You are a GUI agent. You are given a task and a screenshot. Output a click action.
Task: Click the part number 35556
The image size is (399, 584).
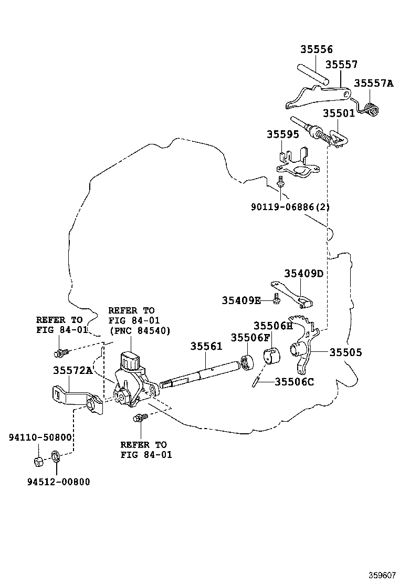click(x=317, y=50)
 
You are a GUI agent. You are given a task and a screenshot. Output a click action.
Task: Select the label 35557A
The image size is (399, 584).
click(x=373, y=84)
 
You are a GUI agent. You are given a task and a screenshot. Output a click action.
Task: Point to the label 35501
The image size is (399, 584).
click(x=339, y=113)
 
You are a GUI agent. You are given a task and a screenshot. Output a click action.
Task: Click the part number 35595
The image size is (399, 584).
click(x=282, y=134)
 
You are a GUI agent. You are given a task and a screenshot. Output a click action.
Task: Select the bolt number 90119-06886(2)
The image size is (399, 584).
click(x=290, y=207)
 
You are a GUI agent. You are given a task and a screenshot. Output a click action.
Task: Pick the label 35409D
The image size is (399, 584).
click(x=304, y=274)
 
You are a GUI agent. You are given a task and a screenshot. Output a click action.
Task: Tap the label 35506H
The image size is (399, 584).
click(x=273, y=326)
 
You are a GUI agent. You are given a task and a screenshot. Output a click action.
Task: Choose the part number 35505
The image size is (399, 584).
click(x=346, y=353)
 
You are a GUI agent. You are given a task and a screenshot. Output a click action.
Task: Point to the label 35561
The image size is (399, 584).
click(x=206, y=347)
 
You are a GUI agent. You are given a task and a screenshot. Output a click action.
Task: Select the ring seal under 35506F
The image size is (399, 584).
click(x=247, y=362)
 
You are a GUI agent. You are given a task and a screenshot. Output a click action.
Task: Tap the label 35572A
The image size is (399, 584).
click(x=72, y=370)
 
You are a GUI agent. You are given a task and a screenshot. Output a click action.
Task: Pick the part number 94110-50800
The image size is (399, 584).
click(x=40, y=437)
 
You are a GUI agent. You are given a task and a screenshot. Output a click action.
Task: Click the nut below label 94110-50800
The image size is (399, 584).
click(x=38, y=462)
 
